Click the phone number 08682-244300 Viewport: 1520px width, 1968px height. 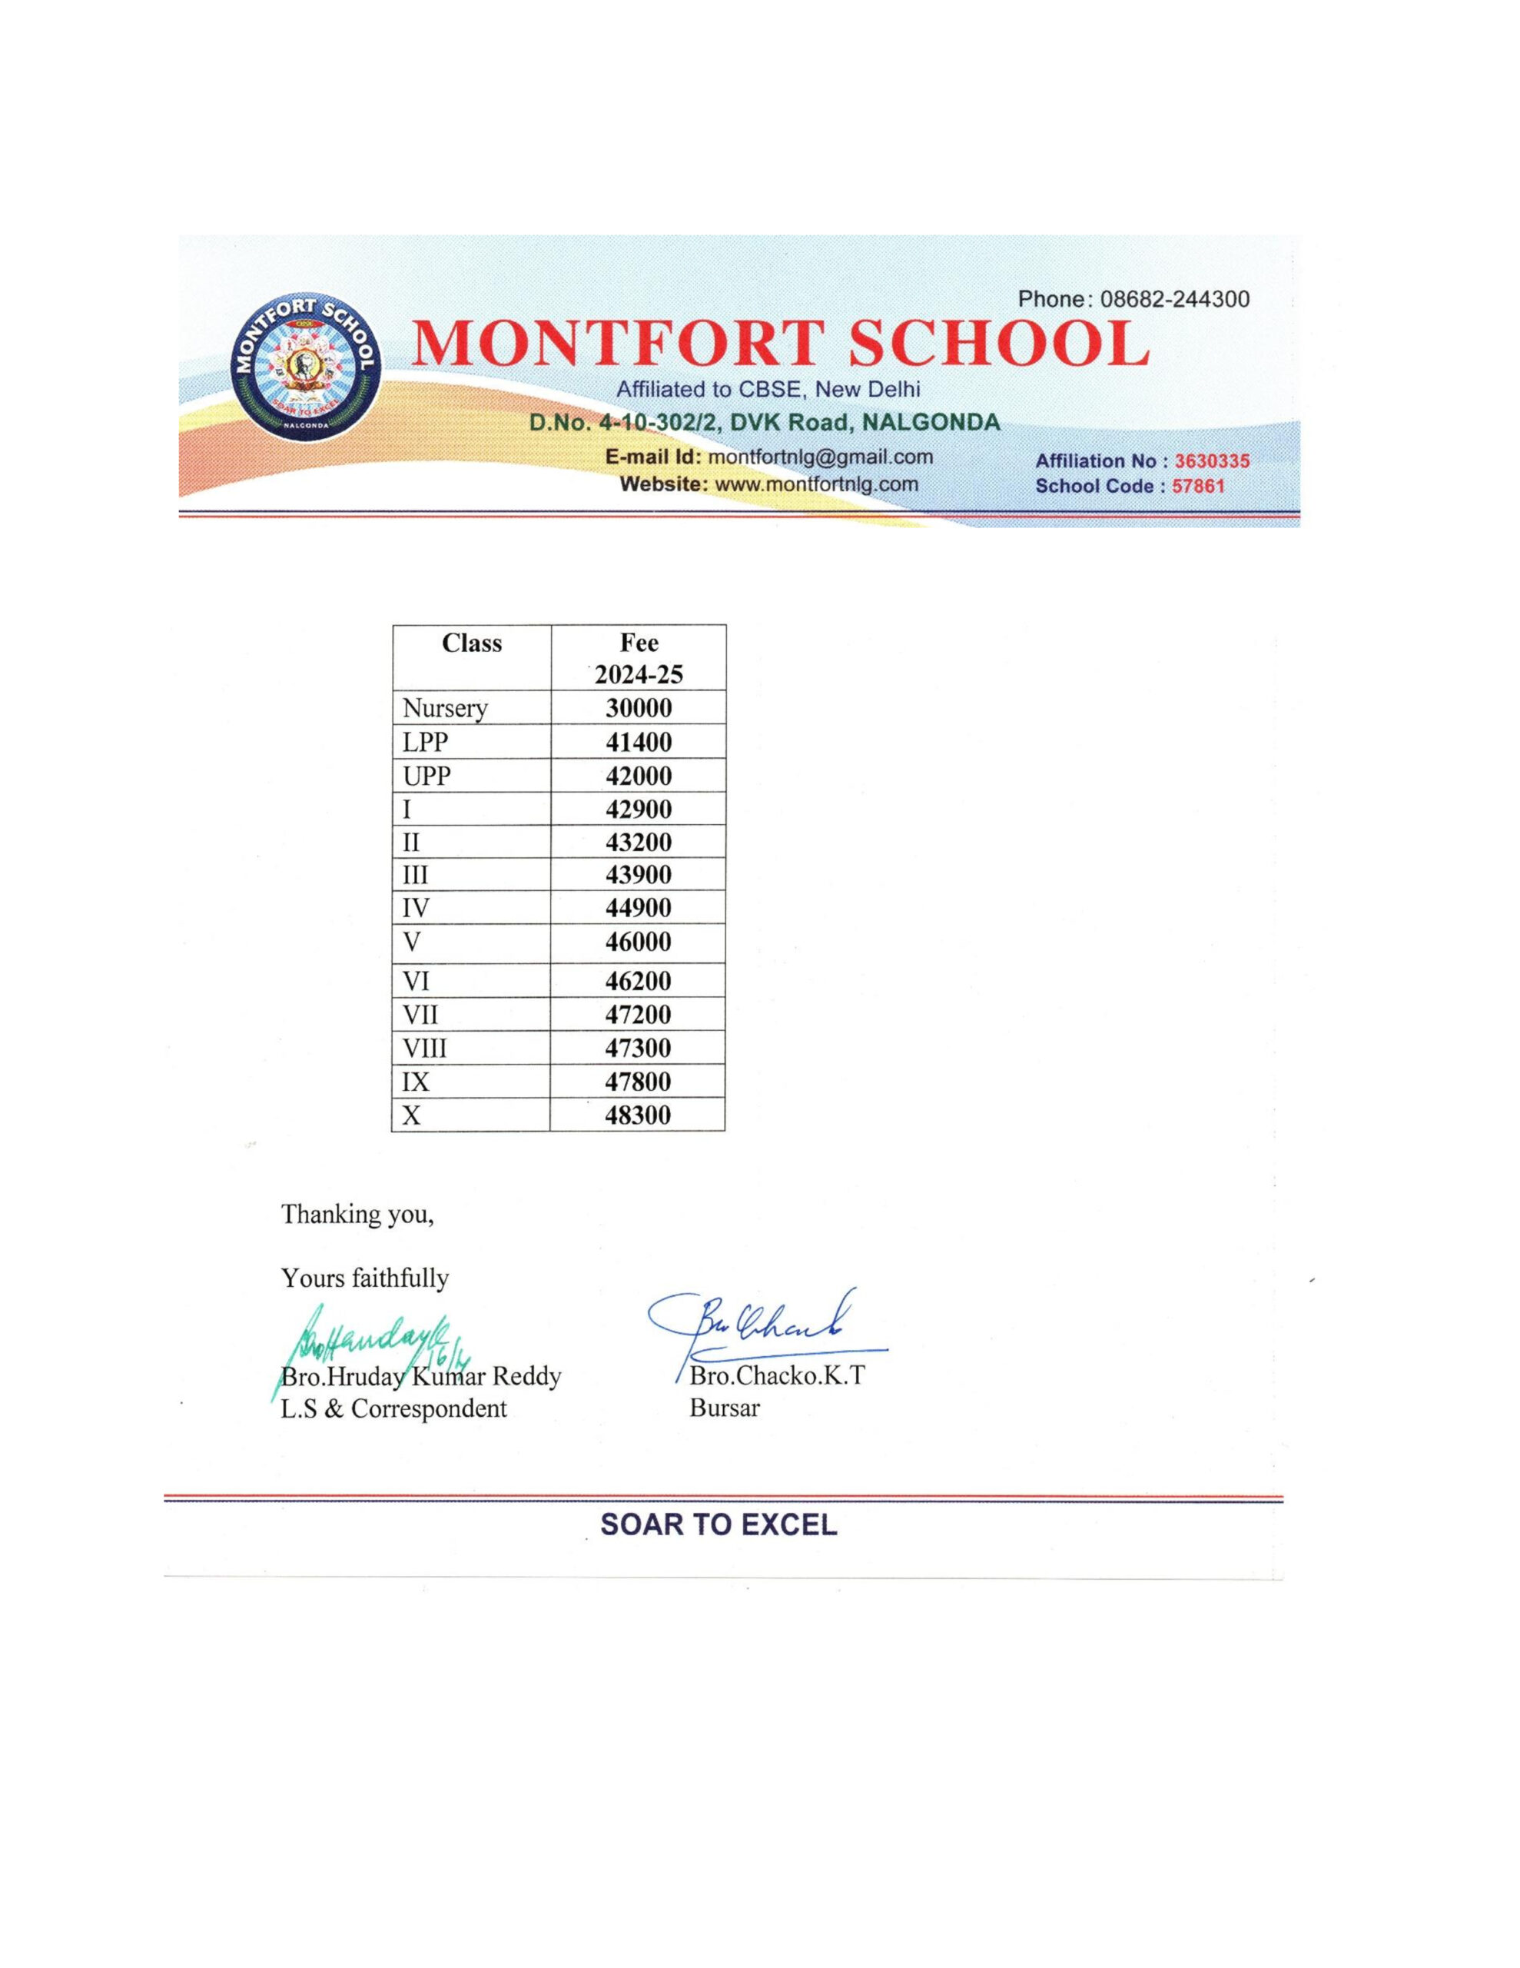[x=1174, y=299]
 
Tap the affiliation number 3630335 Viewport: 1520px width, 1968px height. [x=1211, y=461]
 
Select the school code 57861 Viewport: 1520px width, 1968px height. [x=1197, y=487]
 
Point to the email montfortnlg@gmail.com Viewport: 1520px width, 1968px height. [x=820, y=457]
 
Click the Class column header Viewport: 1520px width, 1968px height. [x=471, y=643]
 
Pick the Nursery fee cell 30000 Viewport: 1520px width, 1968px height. [x=638, y=708]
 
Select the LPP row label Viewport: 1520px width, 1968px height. [x=425, y=743]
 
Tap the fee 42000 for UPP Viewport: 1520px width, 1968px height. [x=638, y=776]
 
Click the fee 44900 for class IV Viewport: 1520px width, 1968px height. [x=638, y=907]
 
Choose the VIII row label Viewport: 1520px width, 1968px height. [x=424, y=1048]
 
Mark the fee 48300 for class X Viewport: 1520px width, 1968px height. [x=638, y=1115]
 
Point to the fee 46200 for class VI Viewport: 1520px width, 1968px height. [x=638, y=981]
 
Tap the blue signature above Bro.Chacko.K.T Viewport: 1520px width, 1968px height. [x=766, y=1325]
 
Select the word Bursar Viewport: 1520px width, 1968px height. [x=725, y=1408]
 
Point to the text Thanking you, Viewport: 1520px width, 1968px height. [x=357, y=1215]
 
